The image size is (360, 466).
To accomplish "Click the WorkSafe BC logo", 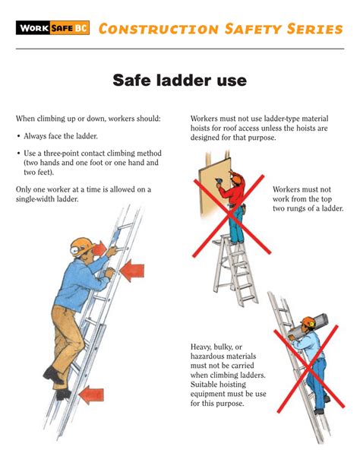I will coord(52,29).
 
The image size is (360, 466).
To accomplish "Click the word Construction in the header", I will coord(146,29).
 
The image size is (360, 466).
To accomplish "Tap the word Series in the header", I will coord(311,29).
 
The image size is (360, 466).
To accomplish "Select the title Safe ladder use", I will coord(179,80).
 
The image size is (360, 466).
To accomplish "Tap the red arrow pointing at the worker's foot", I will coord(91,393).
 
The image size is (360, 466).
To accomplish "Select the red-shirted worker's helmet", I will coord(238,179).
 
